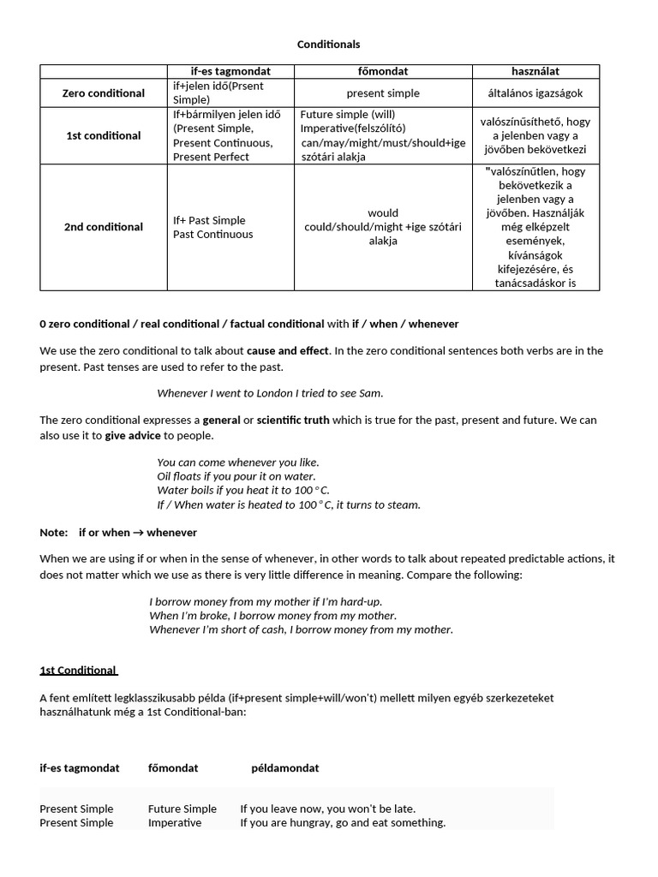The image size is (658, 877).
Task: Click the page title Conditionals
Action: [x=328, y=44]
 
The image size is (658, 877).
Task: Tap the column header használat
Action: [x=535, y=71]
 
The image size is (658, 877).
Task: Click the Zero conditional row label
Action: [x=104, y=92]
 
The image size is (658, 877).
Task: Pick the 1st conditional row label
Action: [x=104, y=135]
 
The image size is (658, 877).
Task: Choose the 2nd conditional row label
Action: [x=104, y=227]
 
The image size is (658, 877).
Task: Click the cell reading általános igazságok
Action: [x=535, y=92]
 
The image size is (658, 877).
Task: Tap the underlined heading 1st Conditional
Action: [x=79, y=671]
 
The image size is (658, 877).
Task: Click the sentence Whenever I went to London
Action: [x=270, y=393]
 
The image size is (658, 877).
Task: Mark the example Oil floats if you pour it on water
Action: [x=236, y=476]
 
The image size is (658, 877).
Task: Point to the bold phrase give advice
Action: [x=133, y=435]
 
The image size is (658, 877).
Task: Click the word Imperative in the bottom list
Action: [x=175, y=823]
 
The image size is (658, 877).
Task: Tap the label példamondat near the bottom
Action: [x=285, y=768]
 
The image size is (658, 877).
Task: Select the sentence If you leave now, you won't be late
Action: [x=328, y=808]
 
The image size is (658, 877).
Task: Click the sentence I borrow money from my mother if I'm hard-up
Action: [x=265, y=602]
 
